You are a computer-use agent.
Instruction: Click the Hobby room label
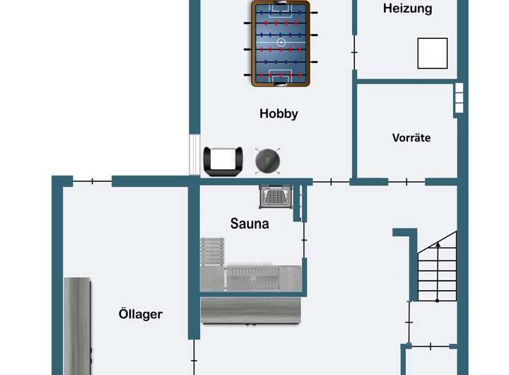(279, 113)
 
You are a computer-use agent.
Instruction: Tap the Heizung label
(407, 9)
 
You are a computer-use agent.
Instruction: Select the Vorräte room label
(411, 138)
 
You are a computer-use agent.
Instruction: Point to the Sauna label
(250, 224)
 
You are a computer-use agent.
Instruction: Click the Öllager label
(141, 313)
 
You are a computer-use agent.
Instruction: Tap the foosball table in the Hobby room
(281, 44)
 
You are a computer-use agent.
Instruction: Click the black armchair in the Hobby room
(223, 161)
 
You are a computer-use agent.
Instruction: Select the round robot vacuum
(269, 160)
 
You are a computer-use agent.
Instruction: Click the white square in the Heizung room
(432, 53)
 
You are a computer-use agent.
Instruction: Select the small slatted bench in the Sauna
(212, 250)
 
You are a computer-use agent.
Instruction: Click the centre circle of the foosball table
(281, 43)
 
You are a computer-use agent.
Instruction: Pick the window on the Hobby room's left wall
(194, 154)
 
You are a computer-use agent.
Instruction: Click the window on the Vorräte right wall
(459, 99)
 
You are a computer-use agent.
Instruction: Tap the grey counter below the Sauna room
(251, 311)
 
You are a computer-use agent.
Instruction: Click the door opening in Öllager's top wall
(92, 182)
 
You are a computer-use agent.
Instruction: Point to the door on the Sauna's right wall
(305, 240)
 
